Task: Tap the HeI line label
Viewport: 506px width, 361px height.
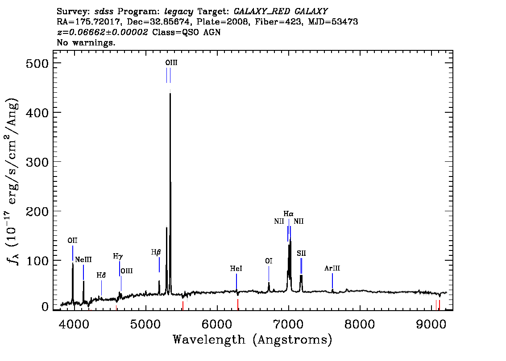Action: (x=236, y=268)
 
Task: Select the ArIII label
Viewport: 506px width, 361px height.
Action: (x=332, y=268)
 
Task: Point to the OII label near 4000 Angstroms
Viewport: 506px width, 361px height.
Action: (x=72, y=241)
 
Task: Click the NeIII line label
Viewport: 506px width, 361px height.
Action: (x=83, y=259)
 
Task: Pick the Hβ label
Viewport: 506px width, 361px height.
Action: (x=156, y=252)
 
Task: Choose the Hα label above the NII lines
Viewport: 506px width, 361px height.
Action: (x=289, y=213)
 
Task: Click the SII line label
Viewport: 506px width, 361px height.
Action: (x=301, y=253)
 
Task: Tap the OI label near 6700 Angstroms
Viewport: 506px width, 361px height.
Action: (x=269, y=261)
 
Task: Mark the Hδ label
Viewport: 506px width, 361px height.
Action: (x=101, y=275)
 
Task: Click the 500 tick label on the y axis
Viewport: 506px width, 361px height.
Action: (x=37, y=63)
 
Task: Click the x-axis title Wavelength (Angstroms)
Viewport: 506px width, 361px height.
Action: (x=253, y=340)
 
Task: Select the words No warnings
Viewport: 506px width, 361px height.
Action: (x=86, y=42)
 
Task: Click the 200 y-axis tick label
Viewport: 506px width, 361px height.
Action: (x=37, y=211)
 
